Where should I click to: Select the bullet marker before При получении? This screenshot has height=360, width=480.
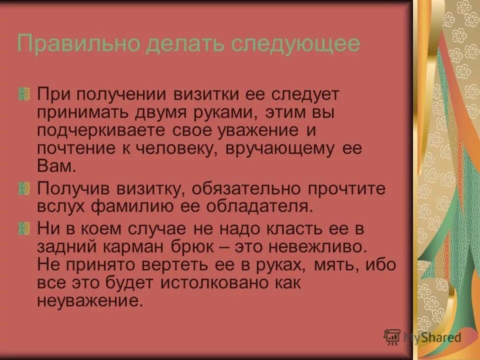(x=27, y=93)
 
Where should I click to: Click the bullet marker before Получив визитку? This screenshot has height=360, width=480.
(x=27, y=188)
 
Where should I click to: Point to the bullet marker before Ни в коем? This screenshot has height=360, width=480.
(x=27, y=228)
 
